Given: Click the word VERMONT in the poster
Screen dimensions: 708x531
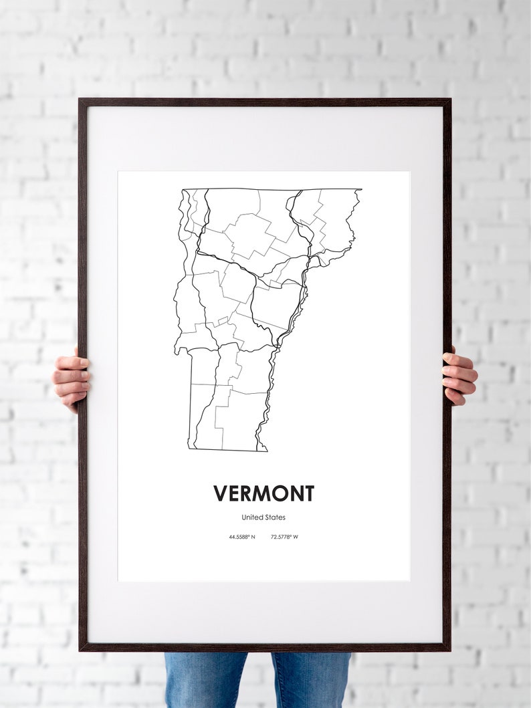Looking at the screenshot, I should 263,493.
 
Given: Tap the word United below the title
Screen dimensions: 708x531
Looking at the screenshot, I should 251,517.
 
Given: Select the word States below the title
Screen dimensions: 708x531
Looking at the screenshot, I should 275,517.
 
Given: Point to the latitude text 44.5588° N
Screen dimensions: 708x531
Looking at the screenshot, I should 241,537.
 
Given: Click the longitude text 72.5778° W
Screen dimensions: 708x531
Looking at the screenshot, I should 284,537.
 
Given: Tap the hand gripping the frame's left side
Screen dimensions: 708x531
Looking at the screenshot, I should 71,379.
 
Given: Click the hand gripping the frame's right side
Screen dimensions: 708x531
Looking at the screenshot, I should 459,376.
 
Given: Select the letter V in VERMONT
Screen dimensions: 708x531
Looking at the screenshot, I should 221,493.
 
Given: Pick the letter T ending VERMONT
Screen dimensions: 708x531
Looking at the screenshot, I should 307,493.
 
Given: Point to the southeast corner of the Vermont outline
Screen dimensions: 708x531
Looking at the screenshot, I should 267,451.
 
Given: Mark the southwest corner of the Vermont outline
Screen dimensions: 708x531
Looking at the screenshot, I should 189,448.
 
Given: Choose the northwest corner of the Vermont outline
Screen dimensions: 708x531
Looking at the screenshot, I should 183,190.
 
